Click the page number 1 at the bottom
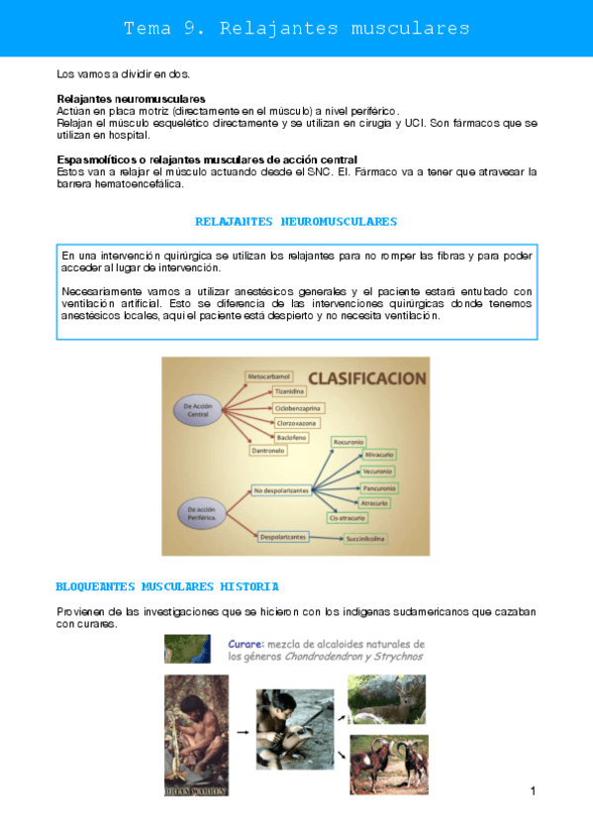pyautogui.click(x=533, y=790)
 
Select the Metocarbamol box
pyautogui.click(x=268, y=377)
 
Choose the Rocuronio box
pyautogui.click(x=350, y=440)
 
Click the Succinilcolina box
pyautogui.click(x=366, y=539)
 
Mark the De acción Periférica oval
pyautogui.click(x=202, y=513)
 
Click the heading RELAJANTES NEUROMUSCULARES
pyautogui.click(x=296, y=222)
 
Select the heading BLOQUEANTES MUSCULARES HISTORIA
pyautogui.click(x=167, y=587)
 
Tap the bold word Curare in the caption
pyautogui.click(x=247, y=643)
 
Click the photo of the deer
pyautogui.click(x=386, y=699)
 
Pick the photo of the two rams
pyautogui.click(x=386, y=765)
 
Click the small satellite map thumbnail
pyautogui.click(x=188, y=650)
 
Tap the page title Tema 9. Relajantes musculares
pyautogui.click(x=296, y=29)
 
